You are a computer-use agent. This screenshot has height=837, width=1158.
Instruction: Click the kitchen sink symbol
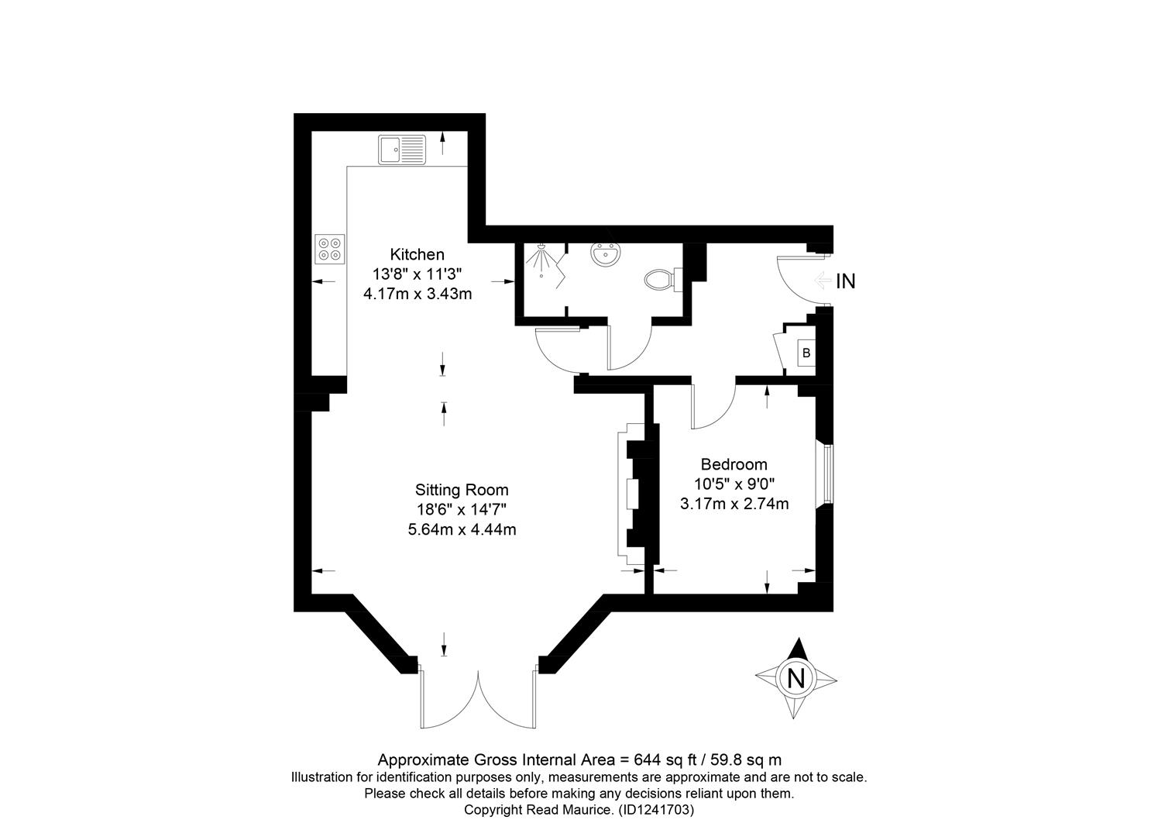pos(402,150)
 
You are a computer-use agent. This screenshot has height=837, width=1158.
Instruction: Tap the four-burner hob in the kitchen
pos(330,249)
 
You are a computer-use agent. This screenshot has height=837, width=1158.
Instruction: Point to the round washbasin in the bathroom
pos(606,254)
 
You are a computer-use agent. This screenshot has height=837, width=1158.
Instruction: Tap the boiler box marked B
pos(806,353)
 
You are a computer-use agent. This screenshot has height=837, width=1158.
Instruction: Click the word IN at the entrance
pos(846,281)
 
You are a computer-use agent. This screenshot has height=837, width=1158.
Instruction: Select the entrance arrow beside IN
pos(823,281)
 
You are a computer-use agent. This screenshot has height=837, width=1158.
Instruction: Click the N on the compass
pos(795,677)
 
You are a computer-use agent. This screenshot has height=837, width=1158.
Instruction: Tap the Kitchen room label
pos(417,254)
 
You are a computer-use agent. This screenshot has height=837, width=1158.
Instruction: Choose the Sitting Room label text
pos(462,489)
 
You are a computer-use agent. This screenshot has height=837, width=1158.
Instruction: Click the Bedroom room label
pos(734,463)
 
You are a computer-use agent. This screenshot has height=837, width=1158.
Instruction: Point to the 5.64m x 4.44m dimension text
pos(462,529)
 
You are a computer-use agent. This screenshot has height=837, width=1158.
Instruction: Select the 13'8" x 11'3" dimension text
pos(417,274)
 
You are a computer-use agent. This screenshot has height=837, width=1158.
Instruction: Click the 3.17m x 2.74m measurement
pos(734,503)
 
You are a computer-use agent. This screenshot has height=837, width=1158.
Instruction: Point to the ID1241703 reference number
pos(656,810)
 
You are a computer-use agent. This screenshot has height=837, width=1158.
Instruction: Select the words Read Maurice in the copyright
pos(569,810)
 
